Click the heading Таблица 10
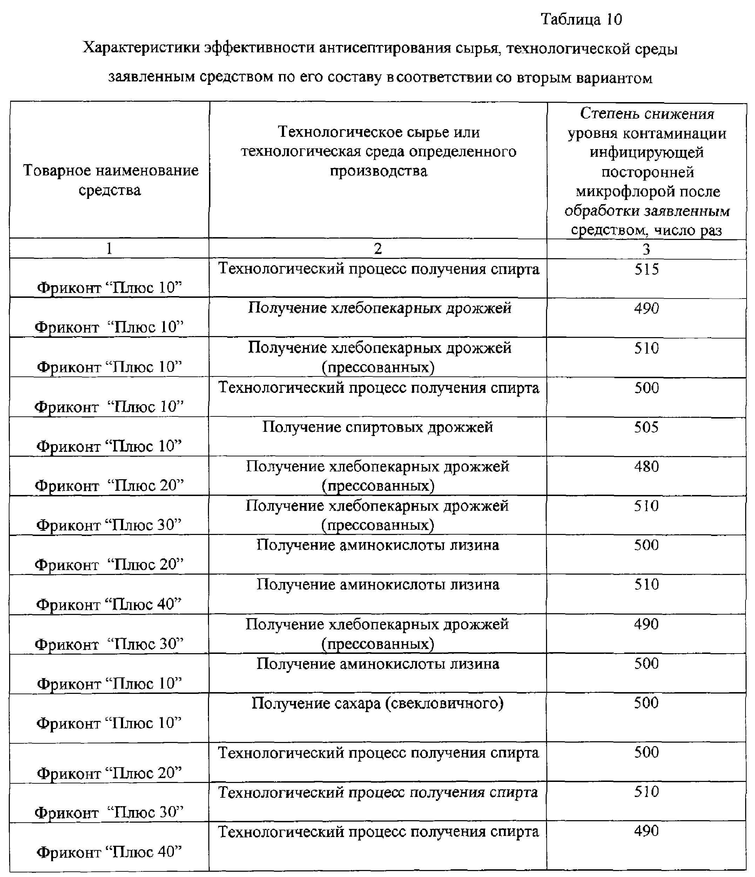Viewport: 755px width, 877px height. pyautogui.click(x=581, y=20)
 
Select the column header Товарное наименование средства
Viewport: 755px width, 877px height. pyautogui.click(x=110, y=180)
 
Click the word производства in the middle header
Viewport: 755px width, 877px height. pyautogui.click(x=378, y=170)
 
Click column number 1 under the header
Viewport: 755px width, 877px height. pyautogui.click(x=109, y=248)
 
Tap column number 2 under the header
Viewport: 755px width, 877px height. pyautogui.click(x=378, y=248)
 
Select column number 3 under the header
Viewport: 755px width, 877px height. pyautogui.click(x=646, y=249)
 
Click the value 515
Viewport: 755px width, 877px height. pyautogui.click(x=646, y=269)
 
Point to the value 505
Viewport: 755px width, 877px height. pyautogui.click(x=646, y=427)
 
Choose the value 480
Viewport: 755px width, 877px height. pyautogui.click(x=646, y=467)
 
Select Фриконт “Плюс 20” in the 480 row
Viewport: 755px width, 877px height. pyautogui.click(x=109, y=486)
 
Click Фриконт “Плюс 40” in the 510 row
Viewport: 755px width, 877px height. pyautogui.click(x=109, y=604)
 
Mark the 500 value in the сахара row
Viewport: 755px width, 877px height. pyautogui.click(x=646, y=703)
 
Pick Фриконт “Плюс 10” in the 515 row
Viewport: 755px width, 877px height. pyautogui.click(x=109, y=288)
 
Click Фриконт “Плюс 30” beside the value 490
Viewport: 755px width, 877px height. pyautogui.click(x=109, y=644)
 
